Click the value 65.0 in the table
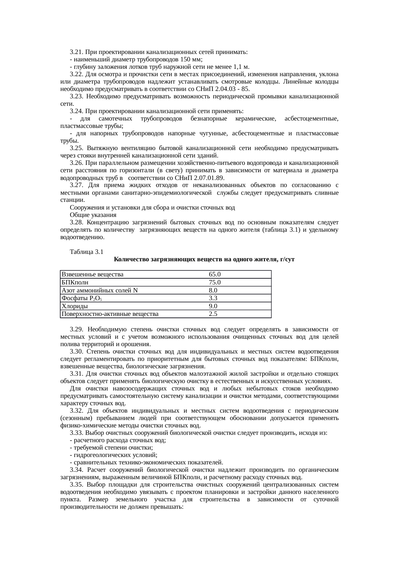(x=214, y=274)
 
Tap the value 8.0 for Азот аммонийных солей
(x=213, y=291)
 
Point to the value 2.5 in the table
(x=213, y=314)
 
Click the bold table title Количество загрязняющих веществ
(x=204, y=259)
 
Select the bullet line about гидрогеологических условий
(x=114, y=455)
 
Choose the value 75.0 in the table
(x=214, y=282)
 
